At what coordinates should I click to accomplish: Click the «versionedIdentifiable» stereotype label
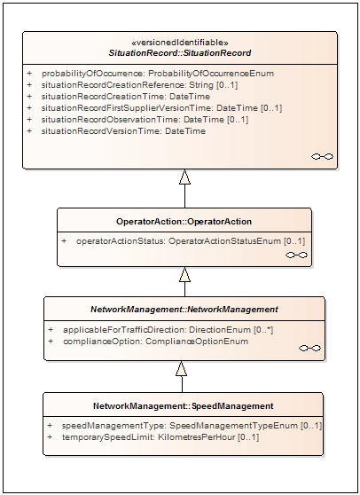click(179, 43)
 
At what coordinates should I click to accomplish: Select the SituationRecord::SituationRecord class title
click(180, 53)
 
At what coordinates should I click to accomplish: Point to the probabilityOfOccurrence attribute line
click(158, 74)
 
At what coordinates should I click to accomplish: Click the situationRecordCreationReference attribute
click(139, 85)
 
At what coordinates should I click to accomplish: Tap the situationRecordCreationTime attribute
click(126, 97)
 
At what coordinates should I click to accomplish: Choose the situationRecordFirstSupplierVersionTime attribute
click(161, 108)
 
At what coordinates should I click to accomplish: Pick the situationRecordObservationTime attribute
click(145, 120)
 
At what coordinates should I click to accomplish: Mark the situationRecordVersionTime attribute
click(123, 131)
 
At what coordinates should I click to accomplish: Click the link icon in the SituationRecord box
click(322, 157)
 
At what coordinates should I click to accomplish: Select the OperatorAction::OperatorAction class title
click(184, 222)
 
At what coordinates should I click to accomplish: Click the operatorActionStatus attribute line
click(191, 241)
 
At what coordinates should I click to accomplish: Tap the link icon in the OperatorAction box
click(296, 255)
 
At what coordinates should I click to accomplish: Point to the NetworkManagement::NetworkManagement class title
click(184, 310)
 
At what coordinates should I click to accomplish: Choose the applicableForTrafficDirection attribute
click(168, 330)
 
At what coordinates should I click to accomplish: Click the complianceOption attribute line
click(155, 342)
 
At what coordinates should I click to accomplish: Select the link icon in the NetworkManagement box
click(309, 349)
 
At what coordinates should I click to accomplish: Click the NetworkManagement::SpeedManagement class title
click(184, 406)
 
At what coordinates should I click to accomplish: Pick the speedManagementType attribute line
click(192, 426)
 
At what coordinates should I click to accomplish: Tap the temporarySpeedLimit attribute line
click(160, 437)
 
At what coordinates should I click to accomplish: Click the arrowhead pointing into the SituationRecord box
click(185, 177)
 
